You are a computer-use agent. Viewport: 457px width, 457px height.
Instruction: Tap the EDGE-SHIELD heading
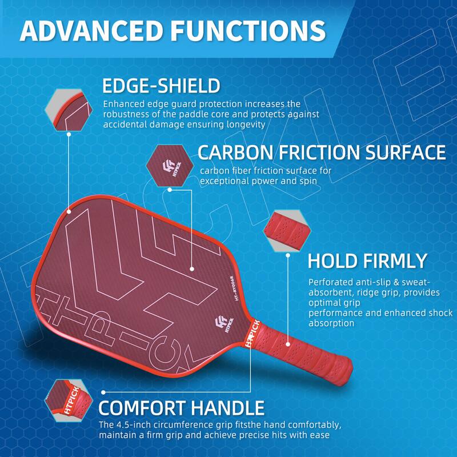[x=161, y=86]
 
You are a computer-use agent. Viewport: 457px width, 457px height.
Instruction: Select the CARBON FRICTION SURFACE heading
[x=322, y=153]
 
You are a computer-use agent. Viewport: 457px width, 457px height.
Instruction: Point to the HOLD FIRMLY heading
[x=367, y=260]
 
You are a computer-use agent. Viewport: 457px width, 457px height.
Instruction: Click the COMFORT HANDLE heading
[x=182, y=408]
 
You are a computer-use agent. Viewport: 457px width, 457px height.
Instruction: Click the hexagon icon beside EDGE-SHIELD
[x=67, y=109]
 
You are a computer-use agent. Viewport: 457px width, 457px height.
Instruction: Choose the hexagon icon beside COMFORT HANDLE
[x=68, y=399]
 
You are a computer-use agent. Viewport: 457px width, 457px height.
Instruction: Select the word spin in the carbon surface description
[x=307, y=181]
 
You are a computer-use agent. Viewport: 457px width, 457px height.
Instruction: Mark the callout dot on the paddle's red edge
[x=68, y=212]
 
